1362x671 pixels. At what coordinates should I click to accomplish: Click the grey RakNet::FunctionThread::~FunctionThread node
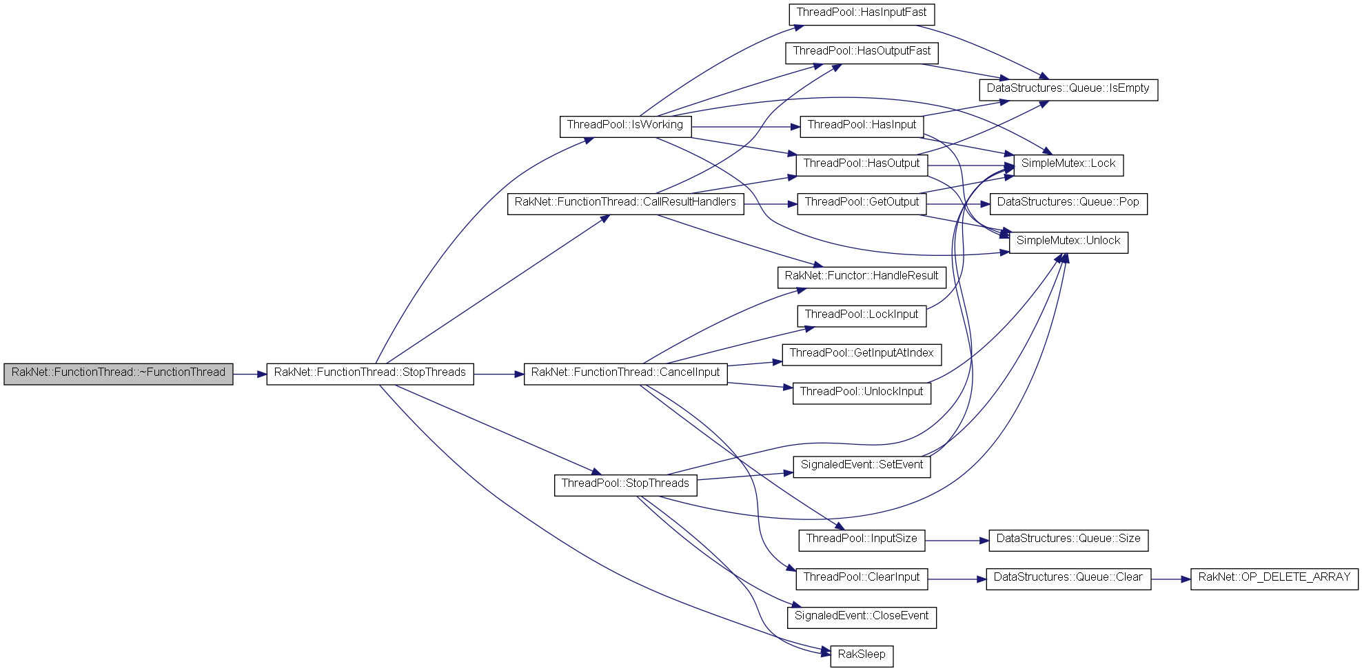[x=119, y=373]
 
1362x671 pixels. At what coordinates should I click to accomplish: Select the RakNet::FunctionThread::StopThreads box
[x=370, y=373]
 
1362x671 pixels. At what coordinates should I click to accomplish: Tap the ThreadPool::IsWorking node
[x=625, y=126]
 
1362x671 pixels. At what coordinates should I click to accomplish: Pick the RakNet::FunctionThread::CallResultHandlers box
[x=625, y=203]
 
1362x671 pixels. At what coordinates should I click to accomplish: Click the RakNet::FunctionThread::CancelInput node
[x=625, y=373]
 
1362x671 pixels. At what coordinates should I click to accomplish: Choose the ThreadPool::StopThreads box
[x=625, y=484]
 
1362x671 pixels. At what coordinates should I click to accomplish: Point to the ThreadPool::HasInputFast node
[x=862, y=13]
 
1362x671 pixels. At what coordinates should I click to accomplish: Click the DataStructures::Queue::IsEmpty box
[x=1068, y=89]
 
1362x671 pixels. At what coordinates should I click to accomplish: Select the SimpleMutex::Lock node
[x=1068, y=164]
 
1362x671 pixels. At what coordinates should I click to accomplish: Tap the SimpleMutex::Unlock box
[x=1068, y=241]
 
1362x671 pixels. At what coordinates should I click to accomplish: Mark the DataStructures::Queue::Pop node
[x=1068, y=203]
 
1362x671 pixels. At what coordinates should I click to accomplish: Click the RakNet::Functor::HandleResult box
[x=862, y=277]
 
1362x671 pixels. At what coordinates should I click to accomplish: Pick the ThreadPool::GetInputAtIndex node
[x=862, y=354]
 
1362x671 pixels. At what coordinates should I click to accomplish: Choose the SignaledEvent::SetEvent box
[x=862, y=465]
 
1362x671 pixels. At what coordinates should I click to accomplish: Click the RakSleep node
[x=862, y=655]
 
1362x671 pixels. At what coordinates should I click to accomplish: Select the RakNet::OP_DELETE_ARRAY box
[x=1274, y=578]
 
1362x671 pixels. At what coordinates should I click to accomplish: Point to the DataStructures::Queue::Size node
[x=1068, y=539]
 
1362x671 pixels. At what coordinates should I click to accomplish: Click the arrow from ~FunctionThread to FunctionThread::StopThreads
[x=250, y=374]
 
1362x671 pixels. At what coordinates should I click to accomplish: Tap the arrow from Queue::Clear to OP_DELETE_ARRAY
[x=1171, y=579]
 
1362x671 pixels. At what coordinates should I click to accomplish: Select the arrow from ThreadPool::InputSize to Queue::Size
[x=957, y=541]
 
